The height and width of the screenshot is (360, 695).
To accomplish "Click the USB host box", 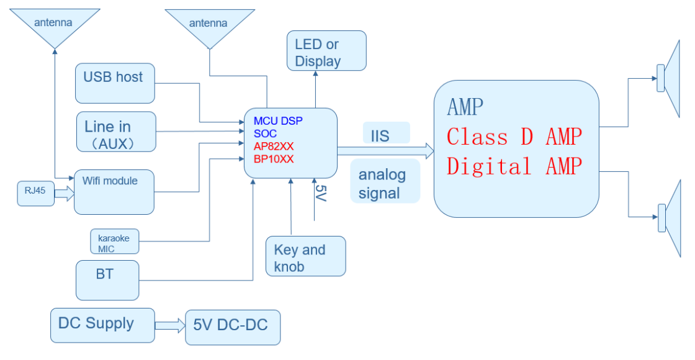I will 115,83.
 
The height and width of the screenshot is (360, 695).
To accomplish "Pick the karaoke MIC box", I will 114,241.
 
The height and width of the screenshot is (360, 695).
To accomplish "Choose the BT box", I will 107,280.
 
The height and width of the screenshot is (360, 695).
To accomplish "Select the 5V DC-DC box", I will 233,327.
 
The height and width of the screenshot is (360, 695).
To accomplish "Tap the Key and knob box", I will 305,256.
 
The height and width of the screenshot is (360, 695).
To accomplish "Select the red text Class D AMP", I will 514,137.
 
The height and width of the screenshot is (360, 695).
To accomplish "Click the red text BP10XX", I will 274,159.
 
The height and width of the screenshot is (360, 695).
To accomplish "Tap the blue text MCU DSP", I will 278,120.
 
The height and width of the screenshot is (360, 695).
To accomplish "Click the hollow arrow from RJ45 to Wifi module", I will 64,194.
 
